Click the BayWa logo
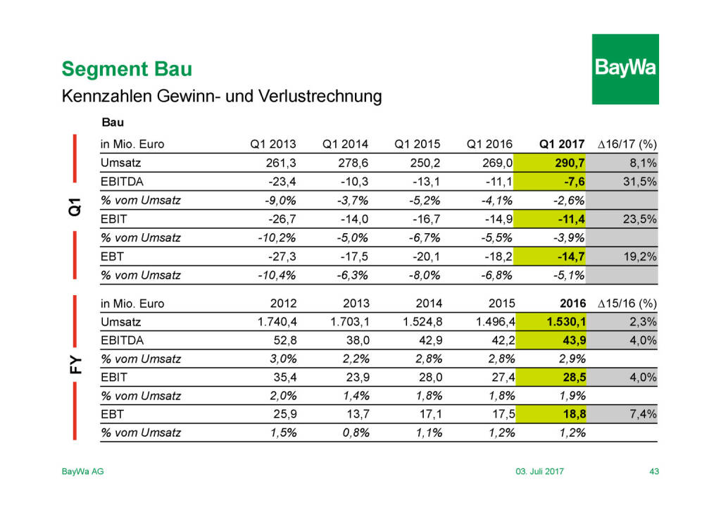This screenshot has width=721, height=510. (x=625, y=69)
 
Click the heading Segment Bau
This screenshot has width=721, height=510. (x=127, y=70)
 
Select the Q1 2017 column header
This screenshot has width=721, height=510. (x=562, y=144)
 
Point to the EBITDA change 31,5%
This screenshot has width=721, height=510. (x=640, y=181)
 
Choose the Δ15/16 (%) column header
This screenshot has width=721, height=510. (x=627, y=304)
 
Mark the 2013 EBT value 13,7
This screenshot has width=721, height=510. (x=356, y=414)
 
